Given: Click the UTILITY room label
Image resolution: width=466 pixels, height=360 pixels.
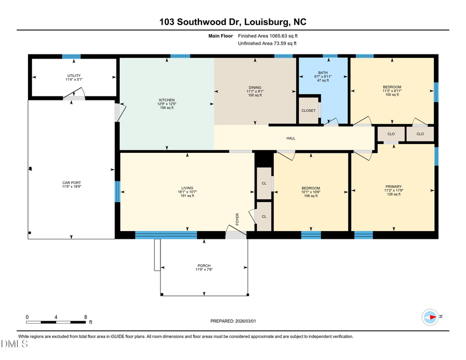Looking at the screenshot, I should tap(74, 76).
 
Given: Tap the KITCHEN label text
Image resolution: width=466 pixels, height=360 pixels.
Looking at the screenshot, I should tap(166, 100).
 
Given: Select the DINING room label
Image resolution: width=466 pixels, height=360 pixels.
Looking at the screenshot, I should tap(255, 88).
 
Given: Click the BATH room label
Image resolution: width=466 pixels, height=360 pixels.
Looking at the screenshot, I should tap(323, 73).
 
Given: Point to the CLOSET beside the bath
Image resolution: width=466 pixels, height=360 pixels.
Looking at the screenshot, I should tap(309, 110).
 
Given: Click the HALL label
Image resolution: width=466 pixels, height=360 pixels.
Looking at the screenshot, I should tap(291, 138).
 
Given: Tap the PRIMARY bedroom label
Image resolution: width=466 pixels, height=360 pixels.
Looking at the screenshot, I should tap(394, 186).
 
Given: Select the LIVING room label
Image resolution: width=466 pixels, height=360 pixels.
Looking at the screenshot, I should tap(187, 188).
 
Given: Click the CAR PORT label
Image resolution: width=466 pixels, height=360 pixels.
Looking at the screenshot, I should tap(71, 183).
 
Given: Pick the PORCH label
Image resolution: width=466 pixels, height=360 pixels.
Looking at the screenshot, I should tap(203, 266).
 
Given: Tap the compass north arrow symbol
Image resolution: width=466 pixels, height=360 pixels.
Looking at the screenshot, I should tap(430, 316).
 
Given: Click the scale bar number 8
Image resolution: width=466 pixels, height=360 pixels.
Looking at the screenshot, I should tap(86, 316).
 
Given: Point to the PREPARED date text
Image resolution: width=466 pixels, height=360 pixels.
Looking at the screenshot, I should tap(233, 321).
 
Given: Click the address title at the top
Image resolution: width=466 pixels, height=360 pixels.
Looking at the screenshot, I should tap(233, 22).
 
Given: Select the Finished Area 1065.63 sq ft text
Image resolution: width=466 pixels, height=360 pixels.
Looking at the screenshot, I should tap(268, 36).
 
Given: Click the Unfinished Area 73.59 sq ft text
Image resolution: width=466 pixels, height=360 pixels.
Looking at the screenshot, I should tap(268, 44).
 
